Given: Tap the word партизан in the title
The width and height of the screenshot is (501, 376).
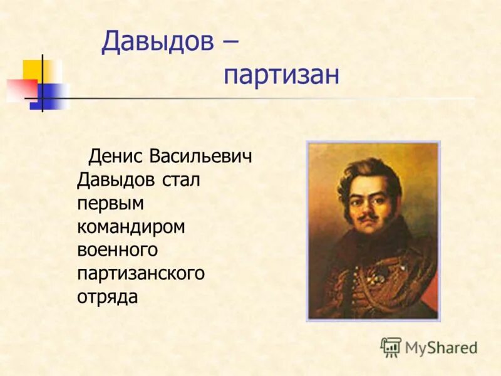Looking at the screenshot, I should [281, 76].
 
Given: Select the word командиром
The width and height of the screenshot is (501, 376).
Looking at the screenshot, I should [131, 226].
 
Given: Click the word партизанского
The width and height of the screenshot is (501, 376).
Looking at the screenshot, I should [141, 273].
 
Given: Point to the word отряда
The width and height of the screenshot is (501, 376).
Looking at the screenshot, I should [107, 296].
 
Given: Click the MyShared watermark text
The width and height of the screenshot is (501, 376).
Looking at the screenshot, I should [441, 347].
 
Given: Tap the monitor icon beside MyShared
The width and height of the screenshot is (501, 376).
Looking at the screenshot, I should [391, 347].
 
